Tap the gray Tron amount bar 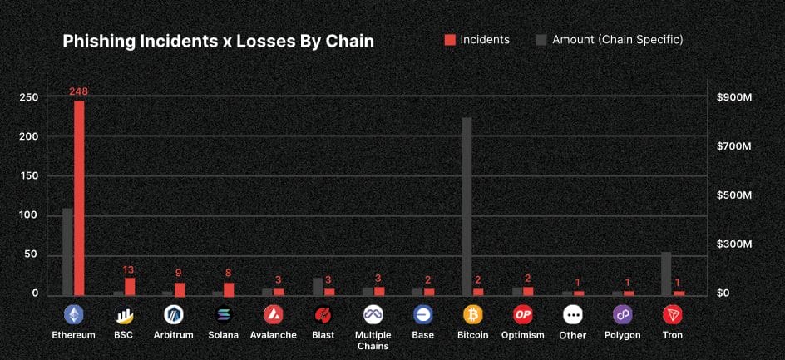point(666,274)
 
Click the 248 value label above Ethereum point(79,91)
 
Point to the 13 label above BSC point(129,269)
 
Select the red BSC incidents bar point(130,286)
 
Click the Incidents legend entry point(477,39)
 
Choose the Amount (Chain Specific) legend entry point(610,39)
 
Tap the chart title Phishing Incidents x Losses point(218,42)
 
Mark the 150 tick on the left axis point(29,176)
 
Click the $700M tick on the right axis point(734,146)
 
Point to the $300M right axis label point(734,244)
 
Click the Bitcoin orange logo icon point(473,315)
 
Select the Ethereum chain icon point(73,315)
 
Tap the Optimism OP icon point(522,315)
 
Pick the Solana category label point(223,335)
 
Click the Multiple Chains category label point(373,340)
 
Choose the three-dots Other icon point(572,315)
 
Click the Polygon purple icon point(622,315)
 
